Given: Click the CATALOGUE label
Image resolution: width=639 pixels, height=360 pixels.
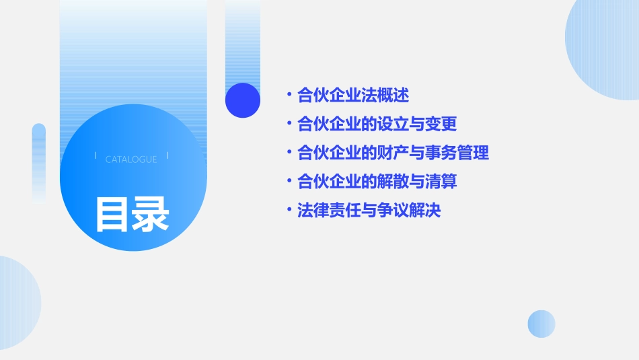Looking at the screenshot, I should pyautogui.click(x=131, y=159).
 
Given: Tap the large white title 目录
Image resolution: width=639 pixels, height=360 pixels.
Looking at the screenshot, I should pyautogui.click(x=132, y=214).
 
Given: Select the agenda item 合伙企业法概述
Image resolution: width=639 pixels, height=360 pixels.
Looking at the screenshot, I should pyautogui.click(x=353, y=96).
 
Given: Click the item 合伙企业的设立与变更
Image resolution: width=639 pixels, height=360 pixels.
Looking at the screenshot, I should pyautogui.click(x=377, y=124).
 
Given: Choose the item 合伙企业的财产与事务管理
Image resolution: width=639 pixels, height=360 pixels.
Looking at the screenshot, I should pyautogui.click(x=393, y=153).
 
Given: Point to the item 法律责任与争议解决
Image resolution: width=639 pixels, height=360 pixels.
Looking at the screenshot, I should pyautogui.click(x=369, y=211).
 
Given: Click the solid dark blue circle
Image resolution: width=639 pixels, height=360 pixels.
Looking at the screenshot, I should pyautogui.click(x=243, y=100).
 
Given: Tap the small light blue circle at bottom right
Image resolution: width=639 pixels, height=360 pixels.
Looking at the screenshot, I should pyautogui.click(x=541, y=324).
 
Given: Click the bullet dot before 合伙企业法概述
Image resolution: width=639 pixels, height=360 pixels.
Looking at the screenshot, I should pyautogui.click(x=289, y=96).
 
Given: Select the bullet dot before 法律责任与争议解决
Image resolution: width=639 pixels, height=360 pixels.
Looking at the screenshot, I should pyautogui.click(x=289, y=211).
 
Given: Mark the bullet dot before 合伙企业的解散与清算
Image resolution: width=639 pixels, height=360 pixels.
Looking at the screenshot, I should pyautogui.click(x=289, y=182).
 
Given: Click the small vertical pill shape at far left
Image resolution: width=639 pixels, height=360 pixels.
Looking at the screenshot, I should pyautogui.click(x=39, y=161).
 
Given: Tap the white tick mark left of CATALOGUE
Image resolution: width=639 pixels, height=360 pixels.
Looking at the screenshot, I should pyautogui.click(x=96, y=156).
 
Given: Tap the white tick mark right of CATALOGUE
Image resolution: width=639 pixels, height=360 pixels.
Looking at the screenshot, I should pyautogui.click(x=167, y=156).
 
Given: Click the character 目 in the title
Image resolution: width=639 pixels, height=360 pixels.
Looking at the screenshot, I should pyautogui.click(x=112, y=214).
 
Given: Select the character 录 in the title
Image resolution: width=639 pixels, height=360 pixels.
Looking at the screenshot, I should pyautogui.click(x=151, y=214).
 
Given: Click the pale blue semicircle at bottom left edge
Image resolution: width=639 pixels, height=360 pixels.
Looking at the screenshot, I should pyautogui.click(x=17, y=303).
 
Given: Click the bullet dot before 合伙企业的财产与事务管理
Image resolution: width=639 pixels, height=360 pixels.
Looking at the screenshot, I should pyautogui.click(x=289, y=153).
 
